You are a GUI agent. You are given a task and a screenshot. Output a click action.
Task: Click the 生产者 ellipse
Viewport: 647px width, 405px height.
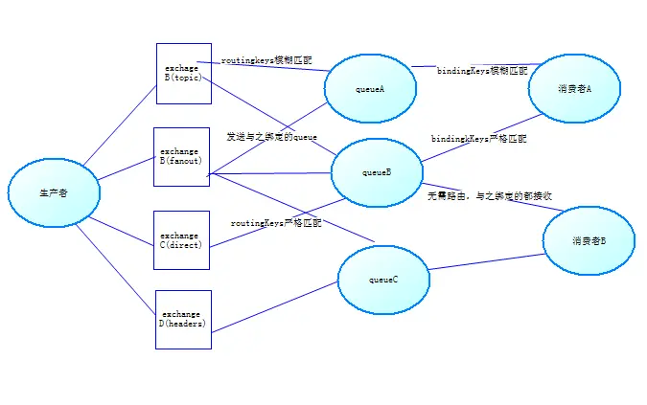tap(54, 192)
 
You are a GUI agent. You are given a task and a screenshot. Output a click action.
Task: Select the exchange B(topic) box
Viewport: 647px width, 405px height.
tap(183, 73)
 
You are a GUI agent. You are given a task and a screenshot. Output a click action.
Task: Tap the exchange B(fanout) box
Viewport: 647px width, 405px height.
tap(181, 157)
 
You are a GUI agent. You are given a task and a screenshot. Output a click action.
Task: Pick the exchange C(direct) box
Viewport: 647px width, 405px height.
tap(180, 240)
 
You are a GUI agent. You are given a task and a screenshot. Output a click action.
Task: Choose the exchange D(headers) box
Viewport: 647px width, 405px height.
tap(183, 319)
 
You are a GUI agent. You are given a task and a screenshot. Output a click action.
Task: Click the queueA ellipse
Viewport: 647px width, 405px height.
tap(371, 89)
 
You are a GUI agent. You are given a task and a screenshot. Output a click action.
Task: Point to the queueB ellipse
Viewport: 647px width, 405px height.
tap(377, 172)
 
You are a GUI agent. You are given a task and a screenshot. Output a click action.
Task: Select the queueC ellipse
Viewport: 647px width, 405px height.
tap(382, 280)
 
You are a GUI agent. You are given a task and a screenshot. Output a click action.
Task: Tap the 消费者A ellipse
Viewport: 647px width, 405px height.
tap(574, 88)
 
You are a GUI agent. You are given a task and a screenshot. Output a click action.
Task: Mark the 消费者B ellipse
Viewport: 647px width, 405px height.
tap(589, 241)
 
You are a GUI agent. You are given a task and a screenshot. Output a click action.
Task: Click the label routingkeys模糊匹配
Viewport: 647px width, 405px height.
tap(266, 60)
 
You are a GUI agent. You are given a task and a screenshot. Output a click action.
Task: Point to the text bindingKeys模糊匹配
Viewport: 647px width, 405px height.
tap(482, 71)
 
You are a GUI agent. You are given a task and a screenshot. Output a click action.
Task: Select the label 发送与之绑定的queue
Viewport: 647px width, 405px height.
tap(271, 137)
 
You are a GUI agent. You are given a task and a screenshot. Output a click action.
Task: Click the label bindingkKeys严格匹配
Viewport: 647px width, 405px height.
tap(478, 139)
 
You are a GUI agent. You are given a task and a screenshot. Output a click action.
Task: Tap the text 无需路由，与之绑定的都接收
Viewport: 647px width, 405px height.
tap(489, 195)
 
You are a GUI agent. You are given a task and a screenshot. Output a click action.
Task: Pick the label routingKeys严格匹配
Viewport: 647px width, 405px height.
tap(277, 222)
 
